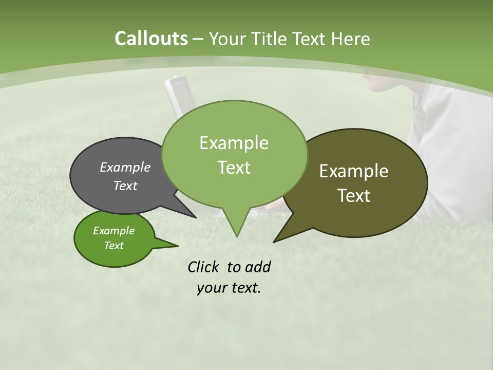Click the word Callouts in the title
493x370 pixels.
click(x=151, y=39)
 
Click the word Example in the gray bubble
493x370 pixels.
click(x=125, y=167)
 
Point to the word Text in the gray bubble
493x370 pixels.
click(x=125, y=186)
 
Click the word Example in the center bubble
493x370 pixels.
click(x=234, y=143)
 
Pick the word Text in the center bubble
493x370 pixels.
click(x=234, y=168)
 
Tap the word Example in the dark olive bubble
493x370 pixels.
click(x=354, y=171)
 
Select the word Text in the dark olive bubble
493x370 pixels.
click(x=354, y=196)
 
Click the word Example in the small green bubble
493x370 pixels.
click(x=113, y=231)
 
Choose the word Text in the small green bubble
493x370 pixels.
click(x=114, y=246)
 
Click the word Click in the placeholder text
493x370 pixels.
click(x=205, y=267)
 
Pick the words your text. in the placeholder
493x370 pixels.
click(x=229, y=288)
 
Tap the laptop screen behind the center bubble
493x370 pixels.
click(x=179, y=98)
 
